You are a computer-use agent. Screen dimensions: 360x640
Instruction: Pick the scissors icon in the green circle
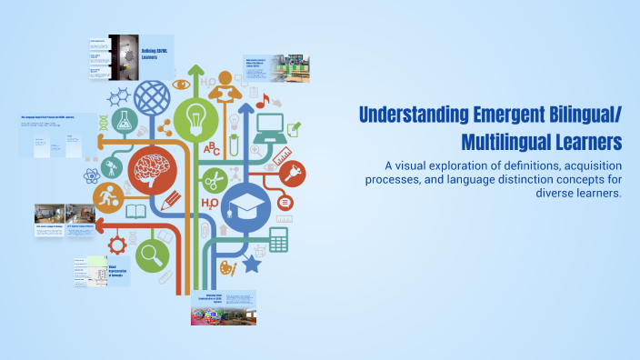[x=215, y=179]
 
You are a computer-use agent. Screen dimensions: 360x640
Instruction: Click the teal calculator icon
[x=278, y=239]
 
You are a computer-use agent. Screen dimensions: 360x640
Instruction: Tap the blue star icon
[x=251, y=265]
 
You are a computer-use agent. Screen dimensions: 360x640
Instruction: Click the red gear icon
[x=117, y=244]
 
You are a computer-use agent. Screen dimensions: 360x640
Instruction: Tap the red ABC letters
[x=212, y=148]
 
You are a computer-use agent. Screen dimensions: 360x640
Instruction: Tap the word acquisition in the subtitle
[x=577, y=165]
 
